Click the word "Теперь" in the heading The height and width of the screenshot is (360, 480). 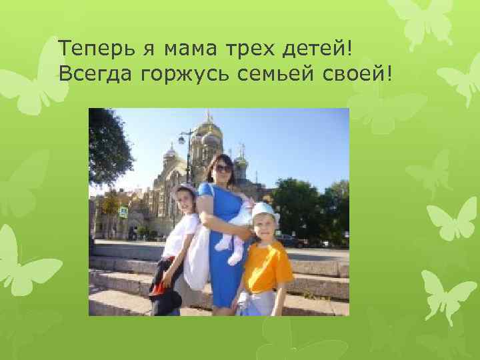pos(89,48)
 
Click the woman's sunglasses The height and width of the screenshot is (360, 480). pos(223,169)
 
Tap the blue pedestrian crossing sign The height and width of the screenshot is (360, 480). pos(123,211)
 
